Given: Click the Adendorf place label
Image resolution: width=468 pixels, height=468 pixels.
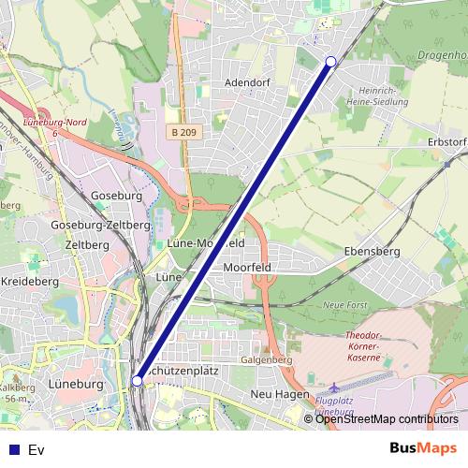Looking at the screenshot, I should [x=247, y=82].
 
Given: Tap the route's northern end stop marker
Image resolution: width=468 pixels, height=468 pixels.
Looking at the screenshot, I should [x=330, y=62].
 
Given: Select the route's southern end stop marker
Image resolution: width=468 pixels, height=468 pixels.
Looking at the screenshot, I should [x=138, y=381].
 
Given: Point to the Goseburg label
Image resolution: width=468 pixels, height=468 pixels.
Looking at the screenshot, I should [x=117, y=197].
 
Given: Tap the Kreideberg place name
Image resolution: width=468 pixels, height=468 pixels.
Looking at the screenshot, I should [x=29, y=281].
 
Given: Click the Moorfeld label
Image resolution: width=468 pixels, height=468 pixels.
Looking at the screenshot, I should [x=247, y=267].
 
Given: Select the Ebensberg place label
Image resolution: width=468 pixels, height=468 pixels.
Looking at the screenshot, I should [x=373, y=252].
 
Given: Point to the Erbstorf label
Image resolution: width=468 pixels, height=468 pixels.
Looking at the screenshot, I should [x=447, y=141].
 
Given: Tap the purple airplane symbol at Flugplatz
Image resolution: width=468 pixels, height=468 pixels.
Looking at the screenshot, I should [x=336, y=388].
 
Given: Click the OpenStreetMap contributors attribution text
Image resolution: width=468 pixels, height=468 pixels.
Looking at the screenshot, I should [x=387, y=419].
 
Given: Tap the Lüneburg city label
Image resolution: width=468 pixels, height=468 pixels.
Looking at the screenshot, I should [x=72, y=385].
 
